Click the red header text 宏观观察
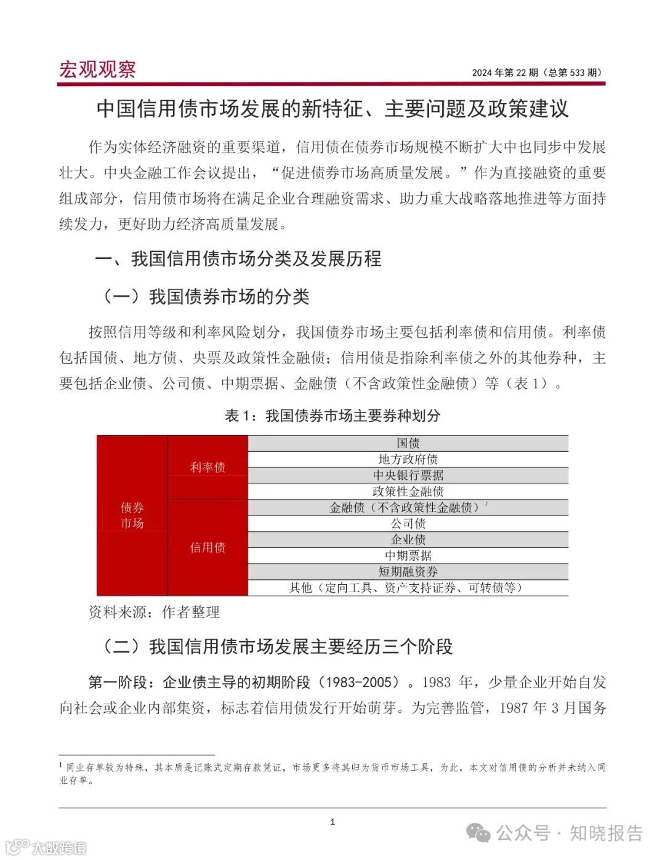click(x=97, y=70)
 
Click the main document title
click(x=332, y=109)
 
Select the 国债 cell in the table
click(x=408, y=443)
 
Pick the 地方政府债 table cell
click(x=408, y=459)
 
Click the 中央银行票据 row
click(x=408, y=475)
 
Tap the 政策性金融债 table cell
click(x=408, y=491)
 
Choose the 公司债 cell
click(x=408, y=523)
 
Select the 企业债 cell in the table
click(x=408, y=539)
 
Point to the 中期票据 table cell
click(x=408, y=555)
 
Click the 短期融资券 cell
click(x=408, y=571)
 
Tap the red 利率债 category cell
click(x=208, y=467)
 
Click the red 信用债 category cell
click(x=208, y=547)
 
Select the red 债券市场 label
click(x=132, y=515)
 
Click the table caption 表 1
click(x=332, y=416)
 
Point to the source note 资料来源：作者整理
click(x=154, y=612)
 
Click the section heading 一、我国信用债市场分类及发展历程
click(x=238, y=259)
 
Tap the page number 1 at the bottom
click(x=332, y=822)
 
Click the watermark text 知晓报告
click(x=606, y=834)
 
